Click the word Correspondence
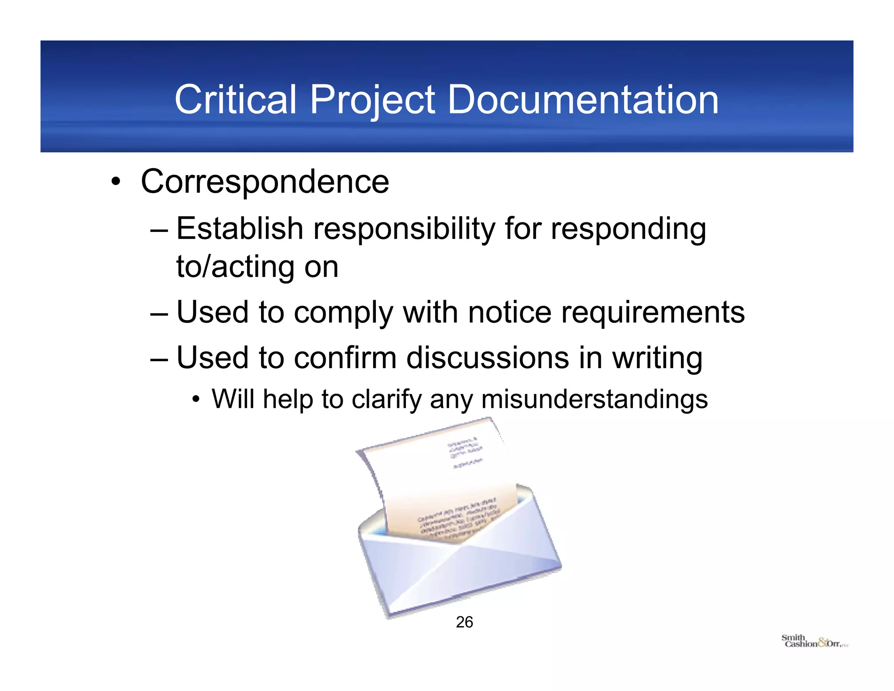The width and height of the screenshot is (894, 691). pos(265,182)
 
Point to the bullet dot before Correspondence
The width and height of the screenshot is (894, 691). pos(115,183)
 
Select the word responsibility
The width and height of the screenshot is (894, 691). pos(404,229)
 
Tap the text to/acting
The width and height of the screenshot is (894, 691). pos(235,267)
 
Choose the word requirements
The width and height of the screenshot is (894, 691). pos(653,313)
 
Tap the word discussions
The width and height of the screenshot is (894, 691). pos(488,358)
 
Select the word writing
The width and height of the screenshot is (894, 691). pos(657,359)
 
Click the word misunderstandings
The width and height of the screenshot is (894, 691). pos(594,399)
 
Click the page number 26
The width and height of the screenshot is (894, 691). pos(464,622)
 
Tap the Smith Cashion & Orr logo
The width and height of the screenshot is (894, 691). pos(814,641)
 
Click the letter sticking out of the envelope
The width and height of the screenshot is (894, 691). pos(441,476)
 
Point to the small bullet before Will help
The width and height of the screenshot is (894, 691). pos(196,399)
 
